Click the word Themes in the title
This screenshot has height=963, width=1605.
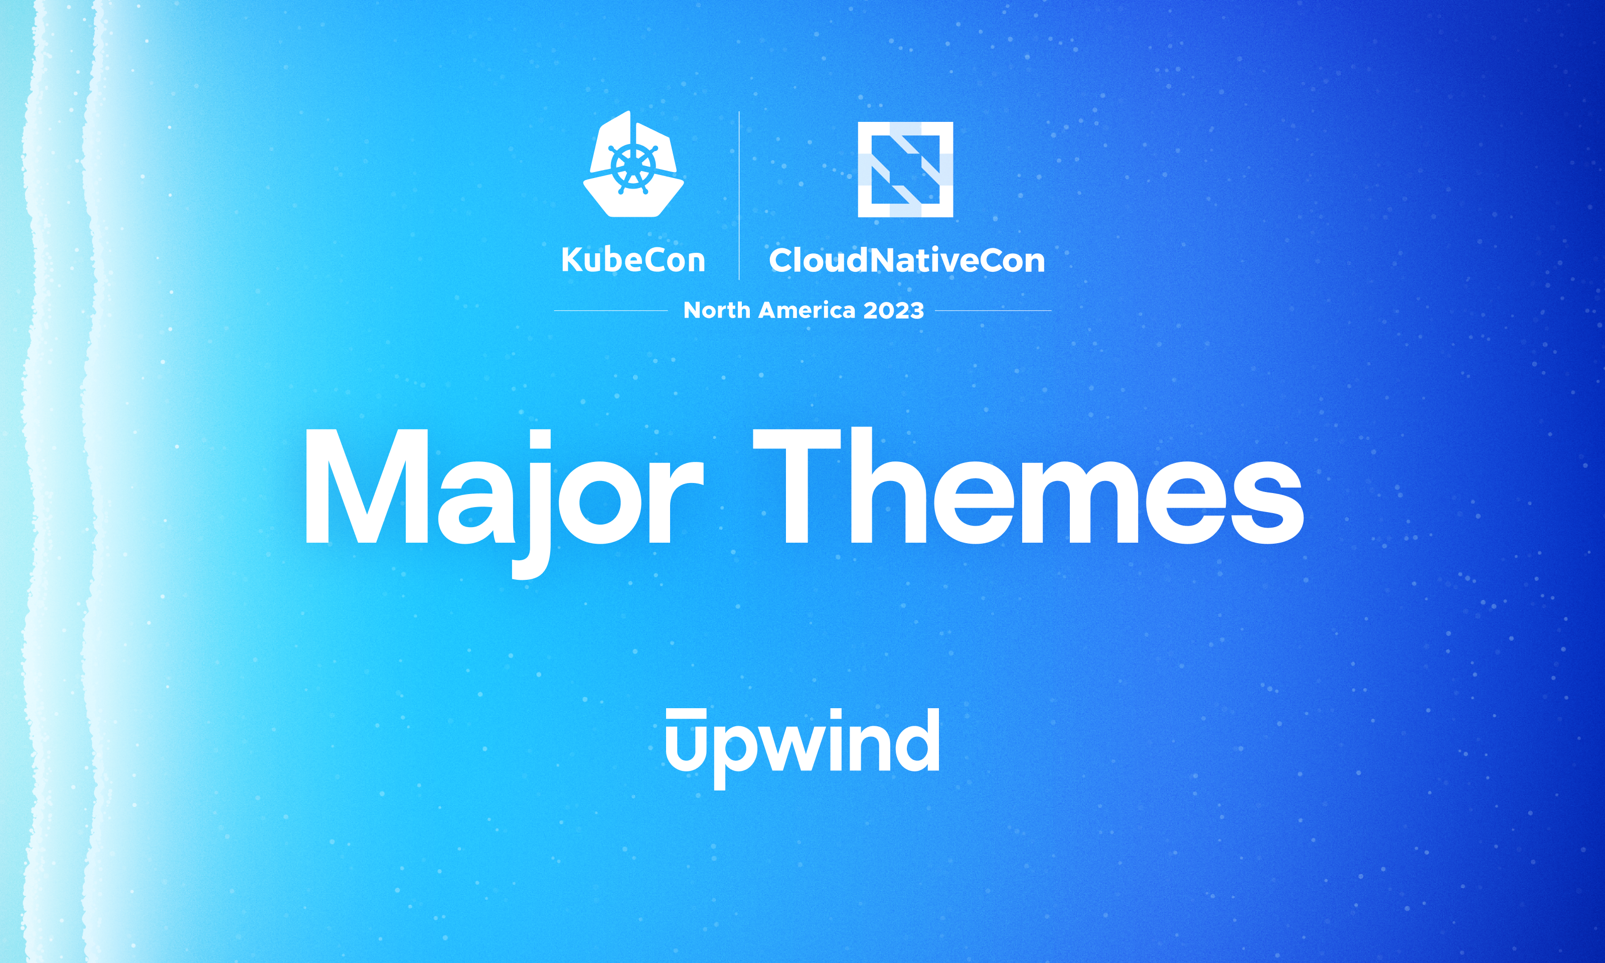[1028, 487]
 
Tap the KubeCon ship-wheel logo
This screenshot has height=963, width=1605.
[633, 165]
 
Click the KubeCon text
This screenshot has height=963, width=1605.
[633, 260]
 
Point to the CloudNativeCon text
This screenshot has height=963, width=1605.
[906, 260]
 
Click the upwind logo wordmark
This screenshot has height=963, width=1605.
[802, 743]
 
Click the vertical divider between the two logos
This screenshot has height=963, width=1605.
[739, 195]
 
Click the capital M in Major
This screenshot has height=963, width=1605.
[367, 487]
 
